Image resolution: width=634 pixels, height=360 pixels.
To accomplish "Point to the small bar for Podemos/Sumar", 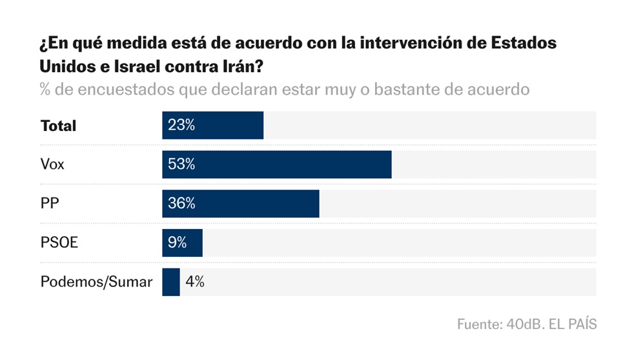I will pyautogui.click(x=170, y=282).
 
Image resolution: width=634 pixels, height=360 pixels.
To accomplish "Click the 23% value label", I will pyautogui.click(x=181, y=125).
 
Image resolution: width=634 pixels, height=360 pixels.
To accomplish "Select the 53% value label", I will pyautogui.click(x=181, y=165).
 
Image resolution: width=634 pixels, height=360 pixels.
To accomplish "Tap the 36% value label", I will pyautogui.click(x=181, y=204).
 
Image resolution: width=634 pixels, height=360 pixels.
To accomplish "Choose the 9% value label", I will pyautogui.click(x=177, y=243).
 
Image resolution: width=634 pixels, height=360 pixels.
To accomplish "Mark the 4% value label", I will pyautogui.click(x=195, y=282).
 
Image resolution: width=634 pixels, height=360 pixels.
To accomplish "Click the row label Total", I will pyautogui.click(x=58, y=126).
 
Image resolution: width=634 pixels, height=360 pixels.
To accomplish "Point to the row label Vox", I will pyautogui.click(x=52, y=165).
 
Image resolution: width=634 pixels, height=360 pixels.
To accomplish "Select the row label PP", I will pyautogui.click(x=50, y=204).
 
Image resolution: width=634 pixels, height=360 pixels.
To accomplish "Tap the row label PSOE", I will pyautogui.click(x=59, y=243).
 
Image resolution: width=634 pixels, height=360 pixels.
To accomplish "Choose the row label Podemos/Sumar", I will pyautogui.click(x=96, y=282).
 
